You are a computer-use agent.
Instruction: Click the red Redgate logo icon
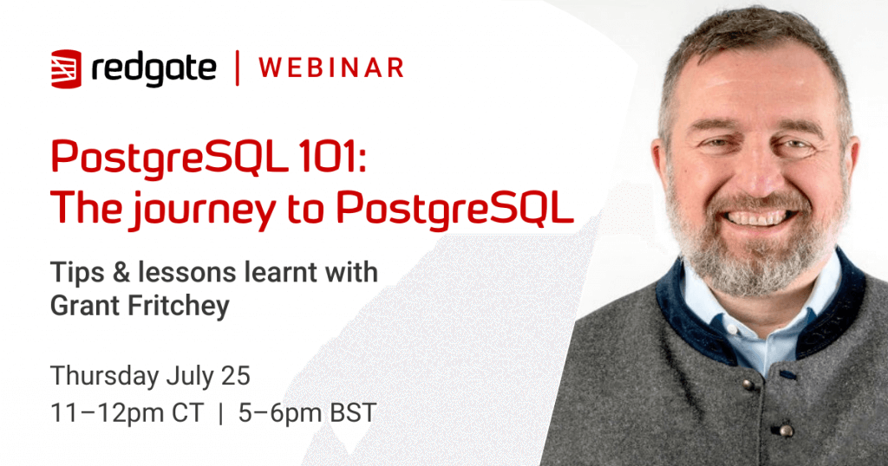click(x=66, y=69)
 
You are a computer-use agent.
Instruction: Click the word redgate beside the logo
click(x=153, y=70)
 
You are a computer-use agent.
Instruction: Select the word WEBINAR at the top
click(x=331, y=68)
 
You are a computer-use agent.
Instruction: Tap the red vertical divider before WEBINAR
click(x=238, y=68)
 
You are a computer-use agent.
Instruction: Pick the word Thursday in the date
click(x=105, y=376)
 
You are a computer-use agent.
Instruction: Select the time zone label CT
click(x=187, y=413)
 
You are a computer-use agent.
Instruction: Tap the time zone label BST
click(x=354, y=413)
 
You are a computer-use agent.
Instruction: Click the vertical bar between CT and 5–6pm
click(x=220, y=413)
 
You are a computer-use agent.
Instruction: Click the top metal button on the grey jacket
click(x=748, y=385)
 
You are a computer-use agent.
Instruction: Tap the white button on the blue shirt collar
click(x=733, y=329)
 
